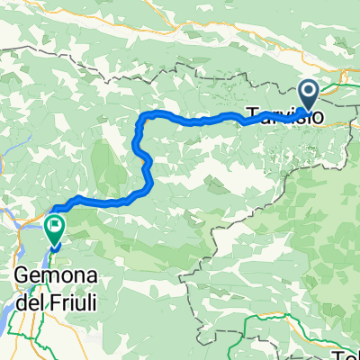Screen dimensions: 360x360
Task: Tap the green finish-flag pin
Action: click(56, 226)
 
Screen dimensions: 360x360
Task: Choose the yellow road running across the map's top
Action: click(180, 37)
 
